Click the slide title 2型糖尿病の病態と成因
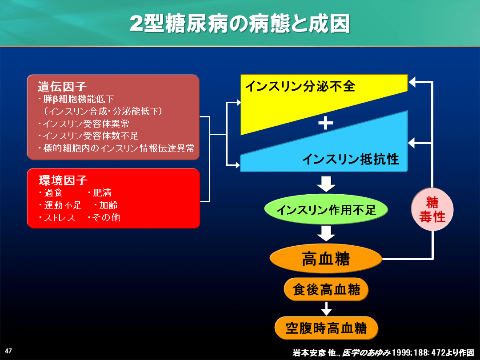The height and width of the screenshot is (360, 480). [240, 24]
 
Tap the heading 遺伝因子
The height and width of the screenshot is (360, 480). [62, 86]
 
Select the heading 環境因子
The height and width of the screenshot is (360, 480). [63, 180]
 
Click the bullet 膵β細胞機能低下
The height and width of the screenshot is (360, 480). [76, 99]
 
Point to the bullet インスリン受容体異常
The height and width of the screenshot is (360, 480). [84, 124]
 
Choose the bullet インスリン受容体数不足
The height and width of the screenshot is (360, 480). [88, 136]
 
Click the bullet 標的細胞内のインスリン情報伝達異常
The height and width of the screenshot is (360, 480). [116, 148]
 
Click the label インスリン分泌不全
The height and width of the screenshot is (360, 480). [300, 86]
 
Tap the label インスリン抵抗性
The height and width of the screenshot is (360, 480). [351, 159]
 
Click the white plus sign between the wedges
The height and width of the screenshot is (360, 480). [326, 124]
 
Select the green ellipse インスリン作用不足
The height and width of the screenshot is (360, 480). [326, 210]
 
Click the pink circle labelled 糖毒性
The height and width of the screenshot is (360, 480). [432, 209]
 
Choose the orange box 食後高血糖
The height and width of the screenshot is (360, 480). [326, 289]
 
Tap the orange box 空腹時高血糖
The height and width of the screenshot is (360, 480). [326, 328]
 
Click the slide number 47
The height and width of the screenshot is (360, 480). [8, 351]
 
